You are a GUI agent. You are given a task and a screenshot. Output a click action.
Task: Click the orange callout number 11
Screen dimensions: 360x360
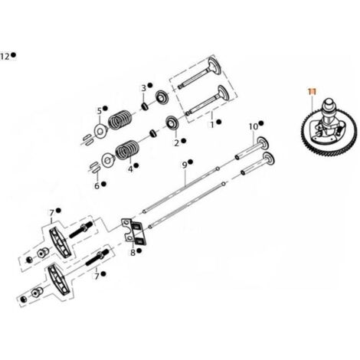[312, 91]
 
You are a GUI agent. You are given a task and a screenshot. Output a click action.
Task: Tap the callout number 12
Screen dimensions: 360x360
[5, 56]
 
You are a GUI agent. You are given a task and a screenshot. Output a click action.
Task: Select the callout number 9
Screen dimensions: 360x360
[185, 165]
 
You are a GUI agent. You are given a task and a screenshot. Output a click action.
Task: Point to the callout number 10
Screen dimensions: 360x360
[254, 126]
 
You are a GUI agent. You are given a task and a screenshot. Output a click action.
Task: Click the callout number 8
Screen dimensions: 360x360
[133, 253]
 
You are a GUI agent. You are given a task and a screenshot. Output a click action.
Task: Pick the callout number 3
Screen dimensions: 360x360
[144, 88]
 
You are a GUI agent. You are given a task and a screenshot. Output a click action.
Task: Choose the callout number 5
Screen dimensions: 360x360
[100, 111]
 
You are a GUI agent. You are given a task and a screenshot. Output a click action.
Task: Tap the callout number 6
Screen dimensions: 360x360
[97, 186]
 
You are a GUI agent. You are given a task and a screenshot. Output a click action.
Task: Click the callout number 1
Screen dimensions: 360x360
[212, 125]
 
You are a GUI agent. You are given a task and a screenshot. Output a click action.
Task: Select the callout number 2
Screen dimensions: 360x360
[177, 143]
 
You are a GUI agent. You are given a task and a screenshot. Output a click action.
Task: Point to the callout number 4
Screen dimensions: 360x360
[130, 169]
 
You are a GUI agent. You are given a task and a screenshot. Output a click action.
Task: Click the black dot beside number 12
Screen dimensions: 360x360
[14, 54]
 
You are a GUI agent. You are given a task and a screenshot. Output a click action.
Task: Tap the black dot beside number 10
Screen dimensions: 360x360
[260, 123]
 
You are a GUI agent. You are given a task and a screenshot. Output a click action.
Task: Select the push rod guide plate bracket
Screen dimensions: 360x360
[133, 232]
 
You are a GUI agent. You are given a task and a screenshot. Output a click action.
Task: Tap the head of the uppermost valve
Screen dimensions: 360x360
[214, 66]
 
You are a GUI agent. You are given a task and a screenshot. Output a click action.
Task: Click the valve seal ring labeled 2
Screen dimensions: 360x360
[172, 123]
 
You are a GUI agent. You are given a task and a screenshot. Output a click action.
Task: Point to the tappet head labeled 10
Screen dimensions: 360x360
[263, 143]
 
